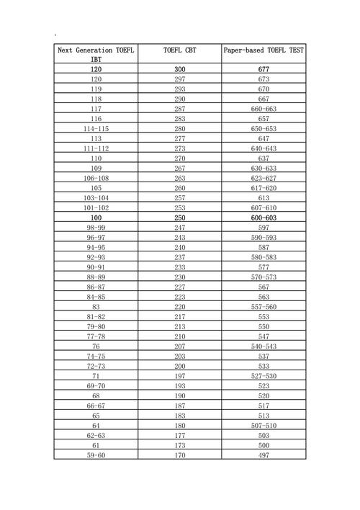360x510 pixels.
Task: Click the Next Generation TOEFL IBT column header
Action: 96,55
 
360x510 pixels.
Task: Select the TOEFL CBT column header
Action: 180,50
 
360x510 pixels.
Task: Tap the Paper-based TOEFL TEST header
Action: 263,50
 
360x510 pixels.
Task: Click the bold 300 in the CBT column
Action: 180,69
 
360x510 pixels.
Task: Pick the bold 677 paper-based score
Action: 264,69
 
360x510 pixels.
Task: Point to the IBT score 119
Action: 96,89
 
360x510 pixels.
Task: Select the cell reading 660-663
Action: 264,109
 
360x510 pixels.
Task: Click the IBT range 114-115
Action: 96,128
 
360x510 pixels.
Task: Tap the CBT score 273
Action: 180,148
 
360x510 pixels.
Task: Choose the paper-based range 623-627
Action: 264,178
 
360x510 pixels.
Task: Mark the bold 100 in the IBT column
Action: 96,218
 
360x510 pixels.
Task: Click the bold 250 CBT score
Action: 180,218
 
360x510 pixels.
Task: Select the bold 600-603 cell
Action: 264,218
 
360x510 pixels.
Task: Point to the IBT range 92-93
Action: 96,257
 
